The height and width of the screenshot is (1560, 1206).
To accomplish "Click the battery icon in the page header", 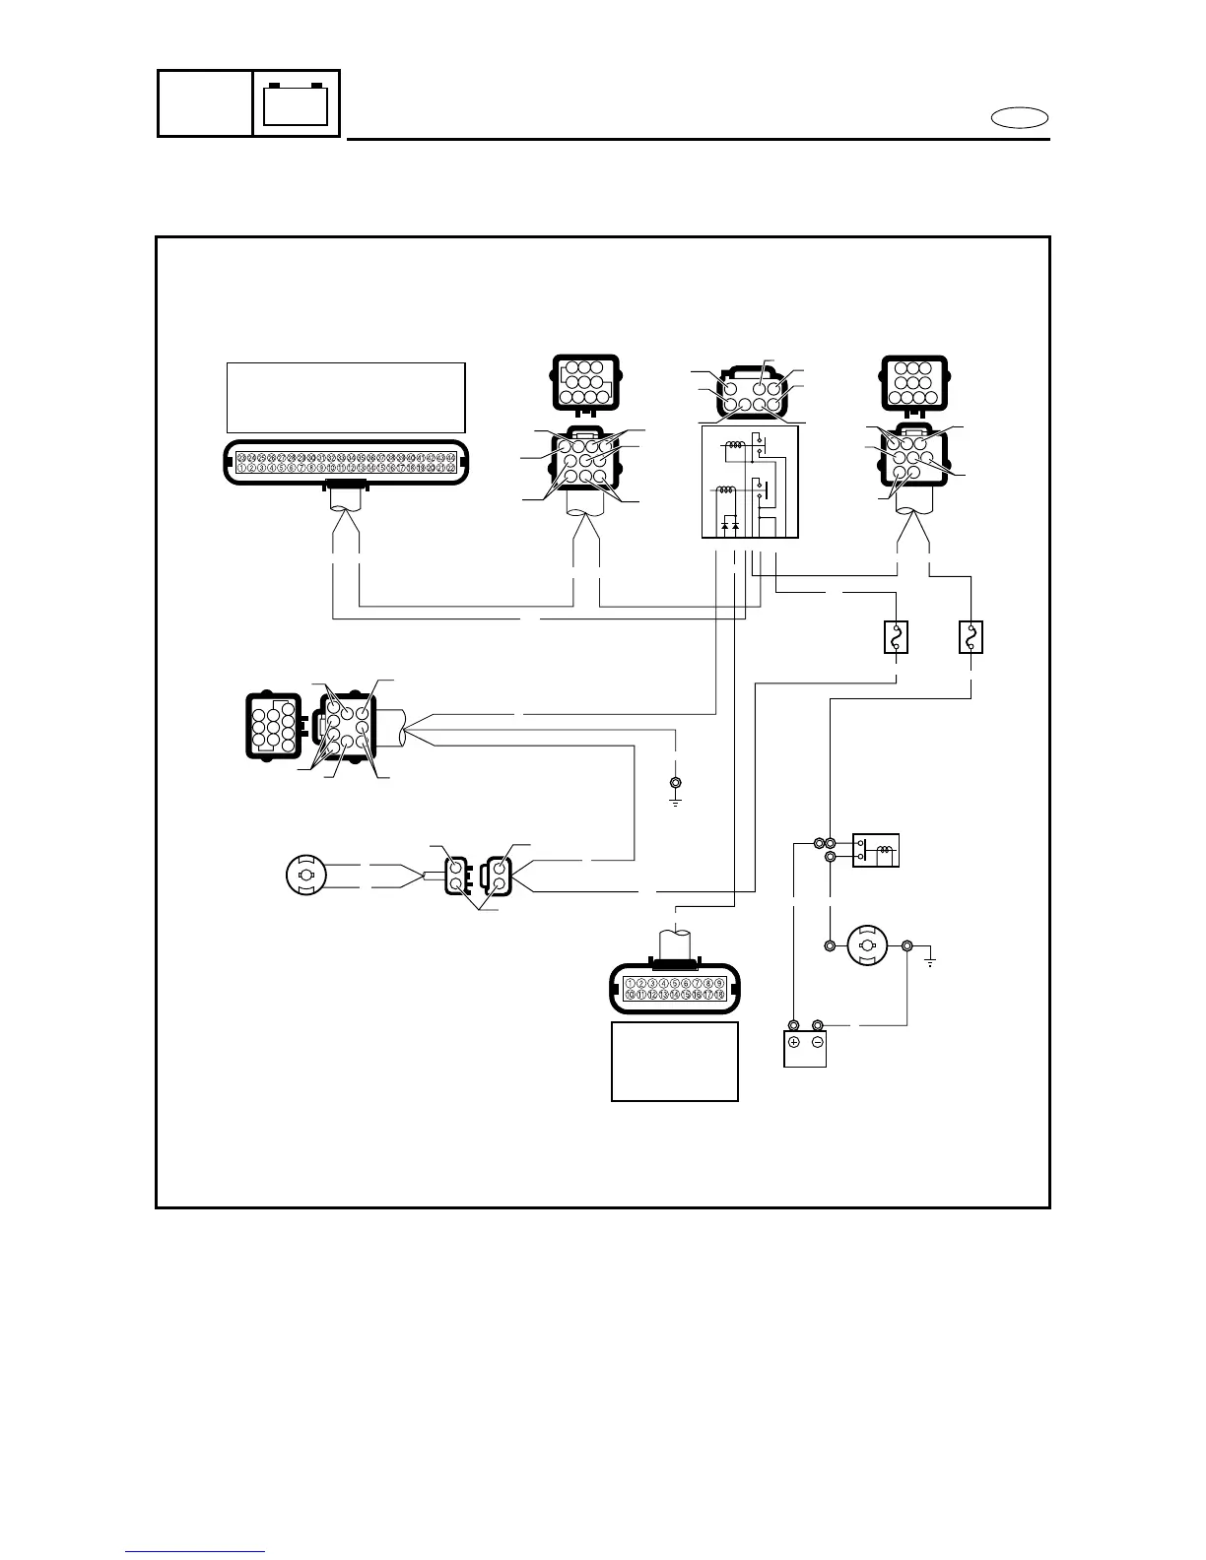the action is coord(297,103).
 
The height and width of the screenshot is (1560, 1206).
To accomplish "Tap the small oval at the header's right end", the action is coord(1020,118).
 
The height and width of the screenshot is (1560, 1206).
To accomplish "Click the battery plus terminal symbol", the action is coord(793,1042).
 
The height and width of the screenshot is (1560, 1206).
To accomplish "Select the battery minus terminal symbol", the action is coord(818,1042).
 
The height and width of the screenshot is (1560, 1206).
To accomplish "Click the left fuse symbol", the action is coord(896,638).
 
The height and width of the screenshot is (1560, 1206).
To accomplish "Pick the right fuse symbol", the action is coord(971,638).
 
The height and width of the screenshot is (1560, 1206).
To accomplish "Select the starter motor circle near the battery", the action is coord(868,946).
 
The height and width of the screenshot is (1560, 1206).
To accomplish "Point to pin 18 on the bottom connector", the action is coord(720,996).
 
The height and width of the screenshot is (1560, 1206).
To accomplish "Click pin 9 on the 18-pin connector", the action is coord(720,983).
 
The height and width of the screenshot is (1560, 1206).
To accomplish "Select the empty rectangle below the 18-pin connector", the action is coord(675,1061).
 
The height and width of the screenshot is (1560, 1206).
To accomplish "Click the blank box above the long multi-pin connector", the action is coord(346,397).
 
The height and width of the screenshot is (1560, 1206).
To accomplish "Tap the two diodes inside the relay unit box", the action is coord(730,527).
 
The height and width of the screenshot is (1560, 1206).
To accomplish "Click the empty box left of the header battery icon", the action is coord(205,103).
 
